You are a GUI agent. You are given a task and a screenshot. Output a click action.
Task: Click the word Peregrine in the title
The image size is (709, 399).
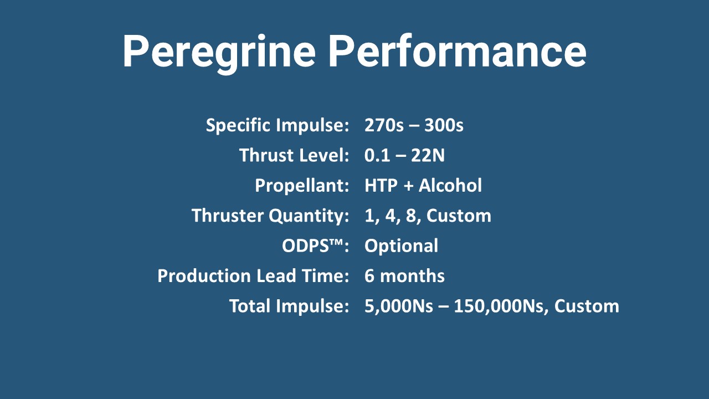tap(219, 52)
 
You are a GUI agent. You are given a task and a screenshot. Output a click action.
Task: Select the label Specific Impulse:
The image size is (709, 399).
tap(278, 125)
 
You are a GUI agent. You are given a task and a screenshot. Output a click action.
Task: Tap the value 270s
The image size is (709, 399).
tap(384, 125)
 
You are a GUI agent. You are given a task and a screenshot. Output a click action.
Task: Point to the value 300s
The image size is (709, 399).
tap(444, 125)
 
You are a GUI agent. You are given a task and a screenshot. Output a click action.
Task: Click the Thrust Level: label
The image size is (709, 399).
tap(294, 155)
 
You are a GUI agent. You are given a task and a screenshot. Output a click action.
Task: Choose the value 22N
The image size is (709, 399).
tap(428, 156)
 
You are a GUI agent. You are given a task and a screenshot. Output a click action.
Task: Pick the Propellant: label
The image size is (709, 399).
tap(302, 186)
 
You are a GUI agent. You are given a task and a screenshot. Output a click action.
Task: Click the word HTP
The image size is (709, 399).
tap(381, 186)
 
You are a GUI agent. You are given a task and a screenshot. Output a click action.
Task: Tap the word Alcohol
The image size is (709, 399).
tap(450, 185)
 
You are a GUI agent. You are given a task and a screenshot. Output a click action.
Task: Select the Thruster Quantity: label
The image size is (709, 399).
tap(270, 216)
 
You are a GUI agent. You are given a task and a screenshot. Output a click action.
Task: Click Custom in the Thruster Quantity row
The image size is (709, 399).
tap(459, 216)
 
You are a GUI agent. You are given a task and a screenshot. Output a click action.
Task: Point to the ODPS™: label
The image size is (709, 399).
tap(315, 245)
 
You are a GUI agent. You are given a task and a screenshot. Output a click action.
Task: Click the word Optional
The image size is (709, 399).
tap(402, 246)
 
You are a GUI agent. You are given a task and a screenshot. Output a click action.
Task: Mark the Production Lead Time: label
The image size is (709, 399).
tap(253, 276)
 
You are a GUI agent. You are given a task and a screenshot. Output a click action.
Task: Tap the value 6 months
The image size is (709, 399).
tap(404, 276)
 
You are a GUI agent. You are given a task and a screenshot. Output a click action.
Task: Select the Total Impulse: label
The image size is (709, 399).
tap(289, 306)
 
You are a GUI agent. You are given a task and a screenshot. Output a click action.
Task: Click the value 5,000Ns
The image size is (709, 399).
tap(399, 306)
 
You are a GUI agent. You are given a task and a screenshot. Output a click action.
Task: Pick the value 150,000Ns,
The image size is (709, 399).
tap(501, 306)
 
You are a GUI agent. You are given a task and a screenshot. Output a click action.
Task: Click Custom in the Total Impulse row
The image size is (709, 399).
tap(587, 306)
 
